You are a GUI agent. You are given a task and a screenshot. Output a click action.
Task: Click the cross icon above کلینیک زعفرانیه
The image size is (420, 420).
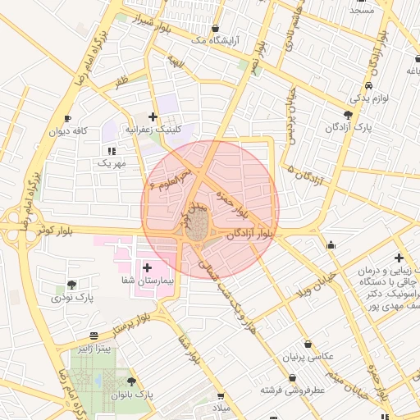[153, 117]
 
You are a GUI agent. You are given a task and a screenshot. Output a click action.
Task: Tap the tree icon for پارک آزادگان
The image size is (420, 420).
[349, 115]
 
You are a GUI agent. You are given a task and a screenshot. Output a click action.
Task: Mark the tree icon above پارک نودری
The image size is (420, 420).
[72, 285]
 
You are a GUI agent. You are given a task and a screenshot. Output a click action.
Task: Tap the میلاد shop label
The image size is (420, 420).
[223, 408]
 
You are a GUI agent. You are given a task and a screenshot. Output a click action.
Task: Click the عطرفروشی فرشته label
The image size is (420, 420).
[293, 389]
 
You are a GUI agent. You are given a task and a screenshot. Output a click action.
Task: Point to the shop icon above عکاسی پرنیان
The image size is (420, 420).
[308, 344]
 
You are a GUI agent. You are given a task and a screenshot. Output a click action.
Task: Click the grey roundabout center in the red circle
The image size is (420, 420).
[197, 229]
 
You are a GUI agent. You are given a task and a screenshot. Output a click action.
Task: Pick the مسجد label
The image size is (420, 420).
[361, 10]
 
